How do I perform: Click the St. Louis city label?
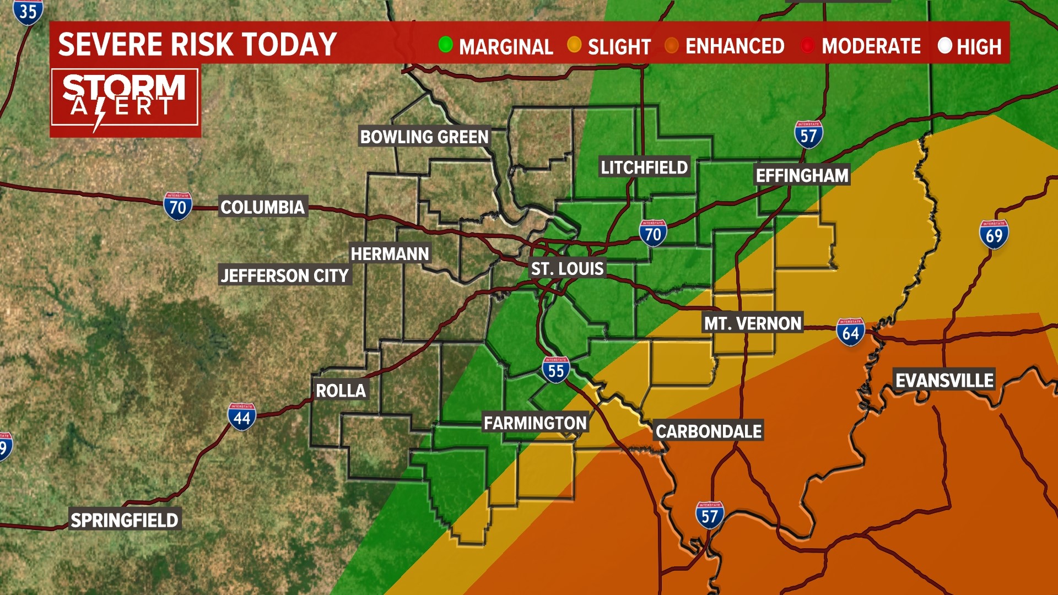pyautogui.click(x=567, y=269)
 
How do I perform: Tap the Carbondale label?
pyautogui.click(x=709, y=431)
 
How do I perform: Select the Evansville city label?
pyautogui.click(x=944, y=381)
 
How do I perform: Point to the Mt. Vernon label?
pyautogui.click(x=752, y=323)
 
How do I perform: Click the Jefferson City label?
pyautogui.click(x=284, y=275)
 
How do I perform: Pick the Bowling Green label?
pyautogui.click(x=424, y=137)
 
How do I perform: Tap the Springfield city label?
pyautogui.click(x=125, y=520)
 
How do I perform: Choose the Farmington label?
pyautogui.click(x=535, y=423)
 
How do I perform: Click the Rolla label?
pyautogui.click(x=341, y=391)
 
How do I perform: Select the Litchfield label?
pyautogui.click(x=644, y=167)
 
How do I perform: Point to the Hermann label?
pyautogui.click(x=390, y=254)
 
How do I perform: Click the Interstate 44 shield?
pyautogui.click(x=241, y=417)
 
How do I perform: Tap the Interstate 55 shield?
pyautogui.click(x=555, y=370)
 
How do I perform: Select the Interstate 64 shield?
pyautogui.click(x=850, y=332)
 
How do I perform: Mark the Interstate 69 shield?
pyautogui.click(x=994, y=235)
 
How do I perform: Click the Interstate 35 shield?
pyautogui.click(x=28, y=12)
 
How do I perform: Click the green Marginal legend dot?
pyautogui.click(x=445, y=45)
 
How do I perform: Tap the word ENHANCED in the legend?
pyautogui.click(x=735, y=46)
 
